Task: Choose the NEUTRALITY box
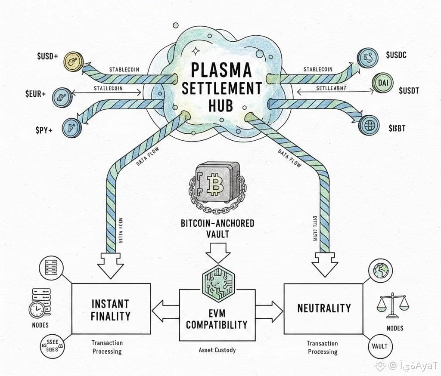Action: [x=324, y=308]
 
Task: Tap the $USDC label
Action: [x=396, y=55]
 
